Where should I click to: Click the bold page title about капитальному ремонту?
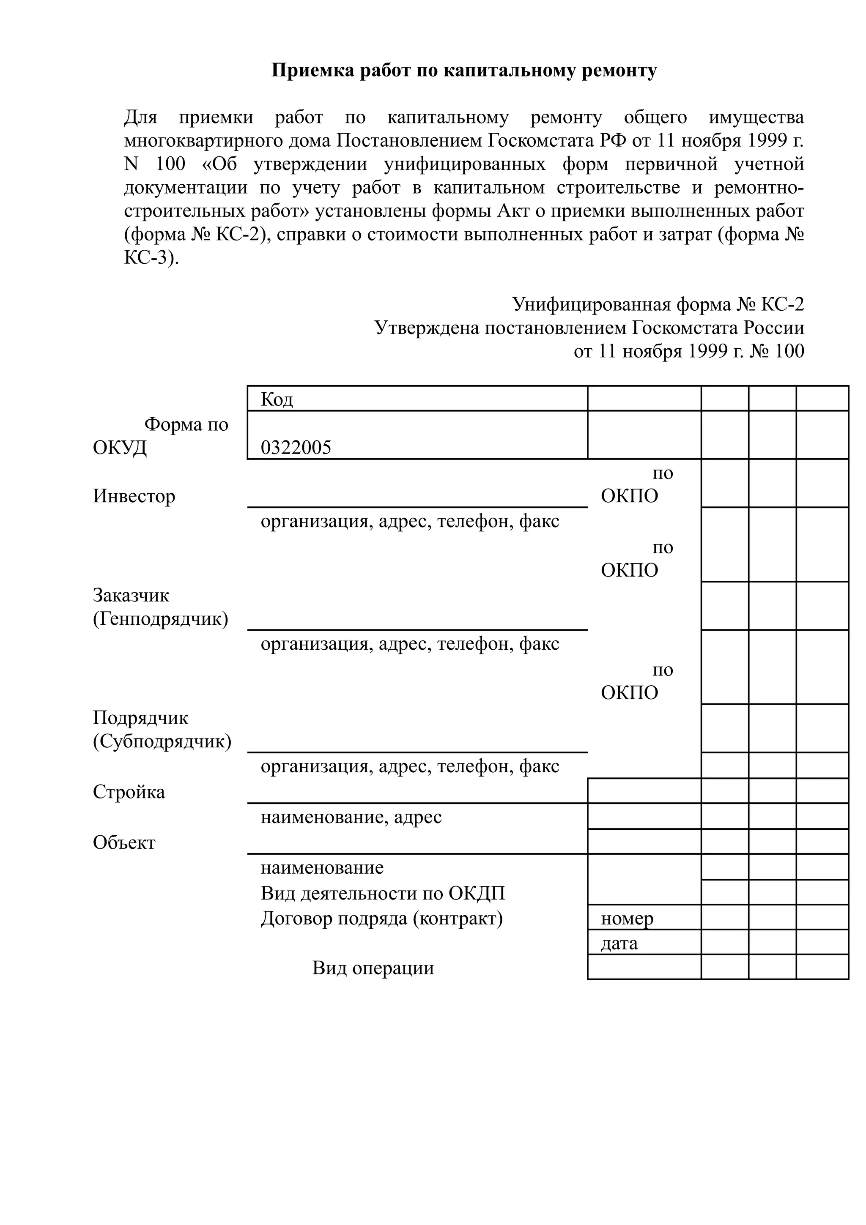[x=464, y=71]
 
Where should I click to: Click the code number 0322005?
[x=296, y=447]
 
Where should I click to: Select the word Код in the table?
[x=277, y=399]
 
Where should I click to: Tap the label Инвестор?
[x=134, y=496]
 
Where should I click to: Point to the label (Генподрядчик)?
[x=161, y=619]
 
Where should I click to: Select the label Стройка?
[x=129, y=792]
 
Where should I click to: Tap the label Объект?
[x=124, y=842]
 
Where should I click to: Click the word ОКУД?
[x=120, y=448]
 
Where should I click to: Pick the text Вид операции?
[x=373, y=968]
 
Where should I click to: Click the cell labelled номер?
[x=627, y=918]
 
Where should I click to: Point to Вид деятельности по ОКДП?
[x=383, y=893]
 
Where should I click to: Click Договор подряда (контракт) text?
[x=381, y=918]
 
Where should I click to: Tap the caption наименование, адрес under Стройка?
[x=351, y=817]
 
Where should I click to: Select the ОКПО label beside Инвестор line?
[x=630, y=496]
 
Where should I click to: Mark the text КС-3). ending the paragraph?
[x=151, y=258]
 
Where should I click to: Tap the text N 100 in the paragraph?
[x=155, y=164]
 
